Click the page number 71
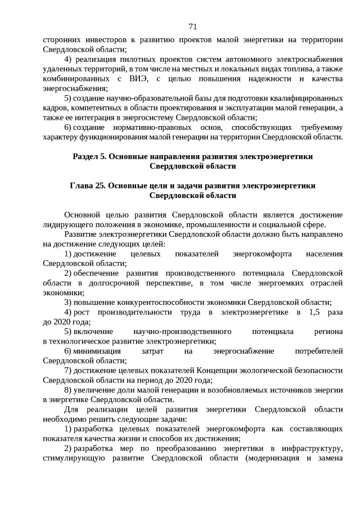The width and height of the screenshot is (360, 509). coord(192,26)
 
